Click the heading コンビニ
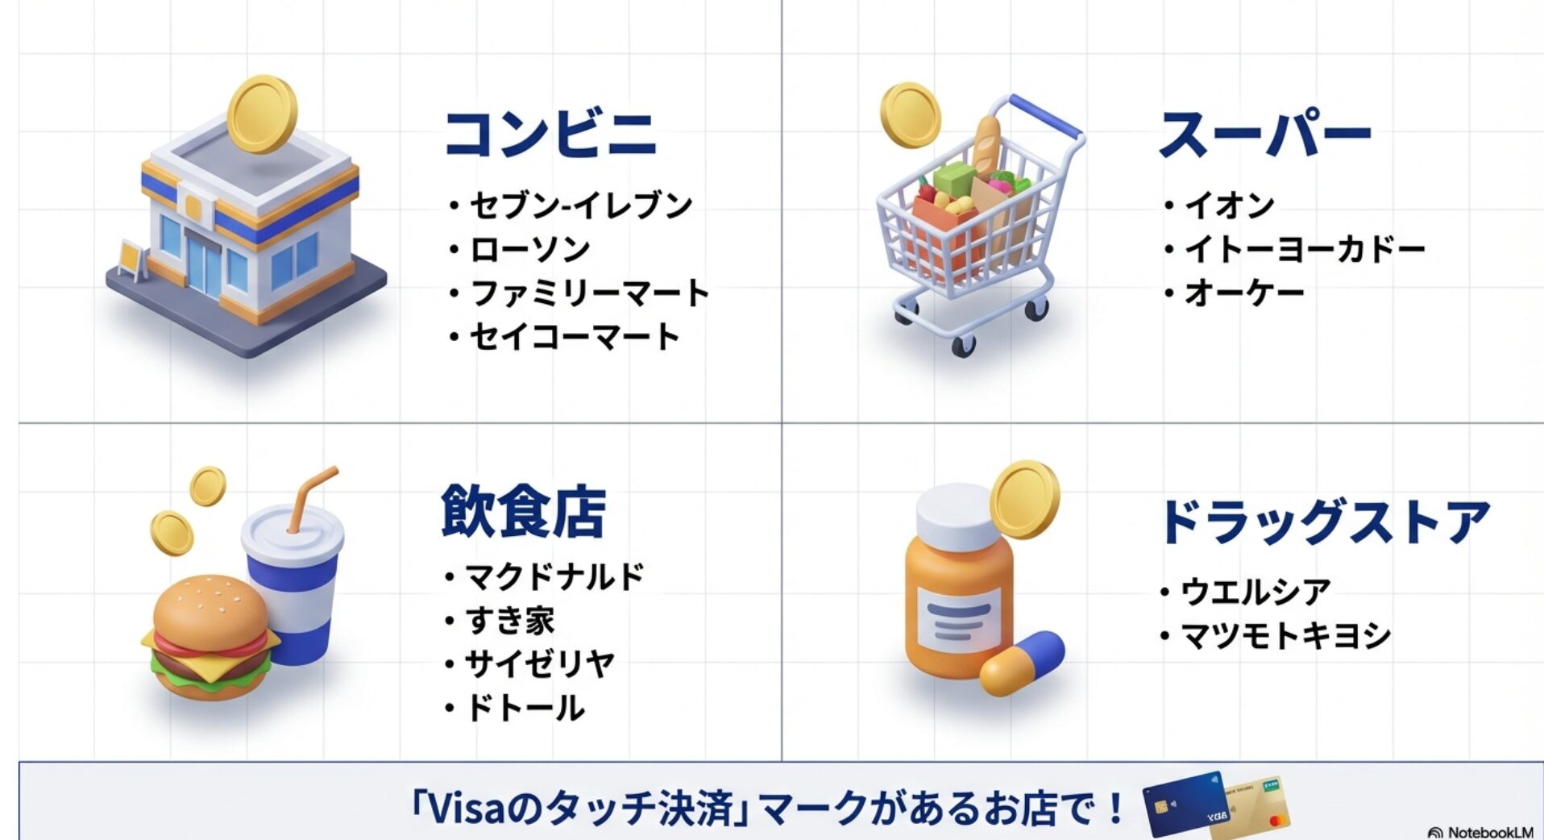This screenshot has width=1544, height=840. [551, 134]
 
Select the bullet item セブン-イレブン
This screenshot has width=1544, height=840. [581, 206]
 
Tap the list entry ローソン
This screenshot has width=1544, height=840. [530, 249]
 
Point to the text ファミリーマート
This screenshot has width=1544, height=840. [589, 293]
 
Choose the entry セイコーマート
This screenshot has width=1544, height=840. [575, 336]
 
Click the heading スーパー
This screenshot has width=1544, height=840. [1264, 135]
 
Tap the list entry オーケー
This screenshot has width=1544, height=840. [1244, 293]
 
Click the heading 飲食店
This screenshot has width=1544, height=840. [523, 511]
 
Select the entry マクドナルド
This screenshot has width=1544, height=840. [555, 576]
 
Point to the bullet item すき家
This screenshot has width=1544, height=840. [510, 621]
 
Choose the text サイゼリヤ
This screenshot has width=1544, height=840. [540, 664]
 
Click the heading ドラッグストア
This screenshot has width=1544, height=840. [1325, 522]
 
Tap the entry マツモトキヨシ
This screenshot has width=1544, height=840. [1285, 635]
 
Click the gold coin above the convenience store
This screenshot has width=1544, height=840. [262, 114]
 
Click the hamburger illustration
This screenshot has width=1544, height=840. [211, 637]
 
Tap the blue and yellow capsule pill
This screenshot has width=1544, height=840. [1022, 663]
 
